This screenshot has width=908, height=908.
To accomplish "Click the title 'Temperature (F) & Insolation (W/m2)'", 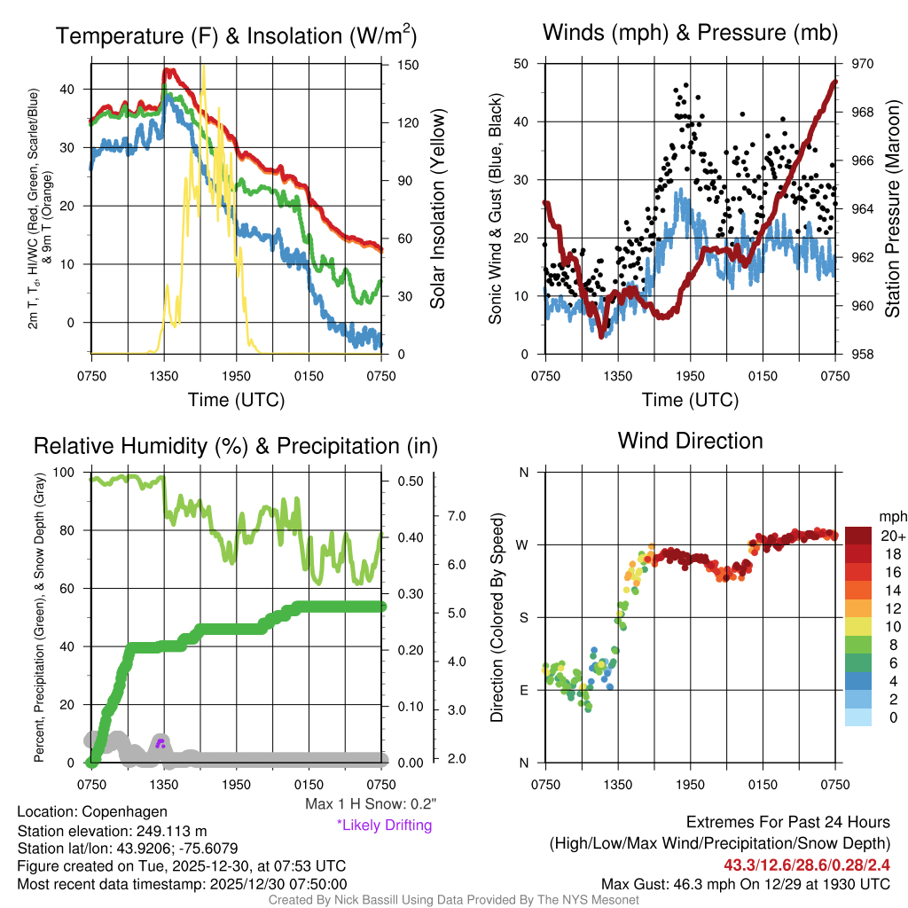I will (x=236, y=36).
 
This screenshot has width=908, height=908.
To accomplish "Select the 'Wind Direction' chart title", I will (x=690, y=441).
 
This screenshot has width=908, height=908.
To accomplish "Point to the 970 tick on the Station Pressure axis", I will (x=850, y=64).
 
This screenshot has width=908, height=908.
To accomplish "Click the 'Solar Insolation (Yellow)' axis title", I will (x=437, y=209).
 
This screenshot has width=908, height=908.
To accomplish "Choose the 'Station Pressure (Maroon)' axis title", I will (x=892, y=209).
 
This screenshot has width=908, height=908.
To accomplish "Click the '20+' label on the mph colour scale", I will (x=893, y=536).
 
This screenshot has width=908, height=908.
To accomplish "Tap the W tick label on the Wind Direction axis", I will (x=523, y=544).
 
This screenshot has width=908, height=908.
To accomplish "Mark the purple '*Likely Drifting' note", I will (x=384, y=825).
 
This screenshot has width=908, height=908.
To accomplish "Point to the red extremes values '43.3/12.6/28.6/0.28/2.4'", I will (x=807, y=865).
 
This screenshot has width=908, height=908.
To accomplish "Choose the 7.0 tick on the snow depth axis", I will (x=456, y=515).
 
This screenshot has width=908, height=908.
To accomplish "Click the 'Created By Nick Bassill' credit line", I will (x=453, y=900).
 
